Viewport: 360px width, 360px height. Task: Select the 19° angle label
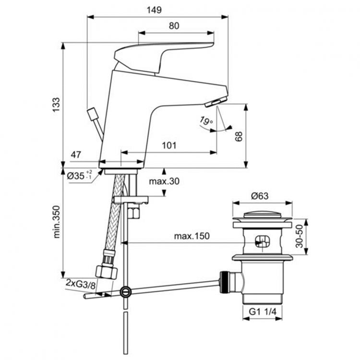(207, 122)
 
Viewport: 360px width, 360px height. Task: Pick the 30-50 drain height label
(299, 236)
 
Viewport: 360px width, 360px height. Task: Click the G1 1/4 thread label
(264, 312)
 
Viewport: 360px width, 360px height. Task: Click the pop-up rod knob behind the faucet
(92, 115)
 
